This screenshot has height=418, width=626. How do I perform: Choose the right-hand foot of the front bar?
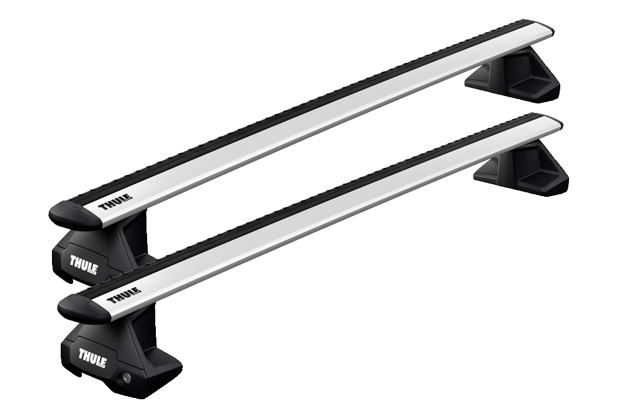click(x=521, y=167)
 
